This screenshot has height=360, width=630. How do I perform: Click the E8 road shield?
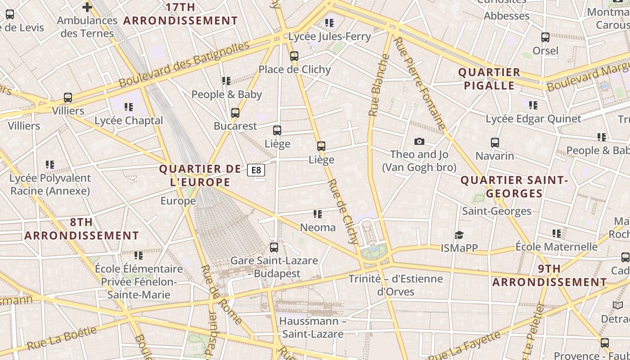pos(256,170)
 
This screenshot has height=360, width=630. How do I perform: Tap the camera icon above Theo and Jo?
pos(419,142)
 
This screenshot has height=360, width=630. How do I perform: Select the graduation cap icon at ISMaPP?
pos(459,235)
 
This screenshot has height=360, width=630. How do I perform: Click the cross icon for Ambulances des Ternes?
pos(87,7)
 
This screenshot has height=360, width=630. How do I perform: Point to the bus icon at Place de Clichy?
pos(294,56)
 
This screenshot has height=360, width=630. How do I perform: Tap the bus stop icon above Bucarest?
pos(235,113)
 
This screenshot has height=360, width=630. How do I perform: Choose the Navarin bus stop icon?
pos(495,143)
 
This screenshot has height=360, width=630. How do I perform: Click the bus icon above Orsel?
pos(545,37)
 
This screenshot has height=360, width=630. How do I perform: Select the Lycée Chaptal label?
pos(129,121)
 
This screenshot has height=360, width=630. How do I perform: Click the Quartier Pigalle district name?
pos(489,79)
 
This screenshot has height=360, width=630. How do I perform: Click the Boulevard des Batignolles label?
pos(184,64)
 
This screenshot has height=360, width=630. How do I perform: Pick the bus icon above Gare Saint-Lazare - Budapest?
pos(274,247)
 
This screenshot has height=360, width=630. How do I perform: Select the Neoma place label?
pos(318,228)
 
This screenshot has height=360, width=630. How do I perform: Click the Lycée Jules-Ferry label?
pos(329,36)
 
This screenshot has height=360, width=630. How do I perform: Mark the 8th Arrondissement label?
pos(81,229)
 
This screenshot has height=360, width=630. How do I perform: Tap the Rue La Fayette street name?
pos(464,346)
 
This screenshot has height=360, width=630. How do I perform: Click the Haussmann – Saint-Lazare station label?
pos(313,328)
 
